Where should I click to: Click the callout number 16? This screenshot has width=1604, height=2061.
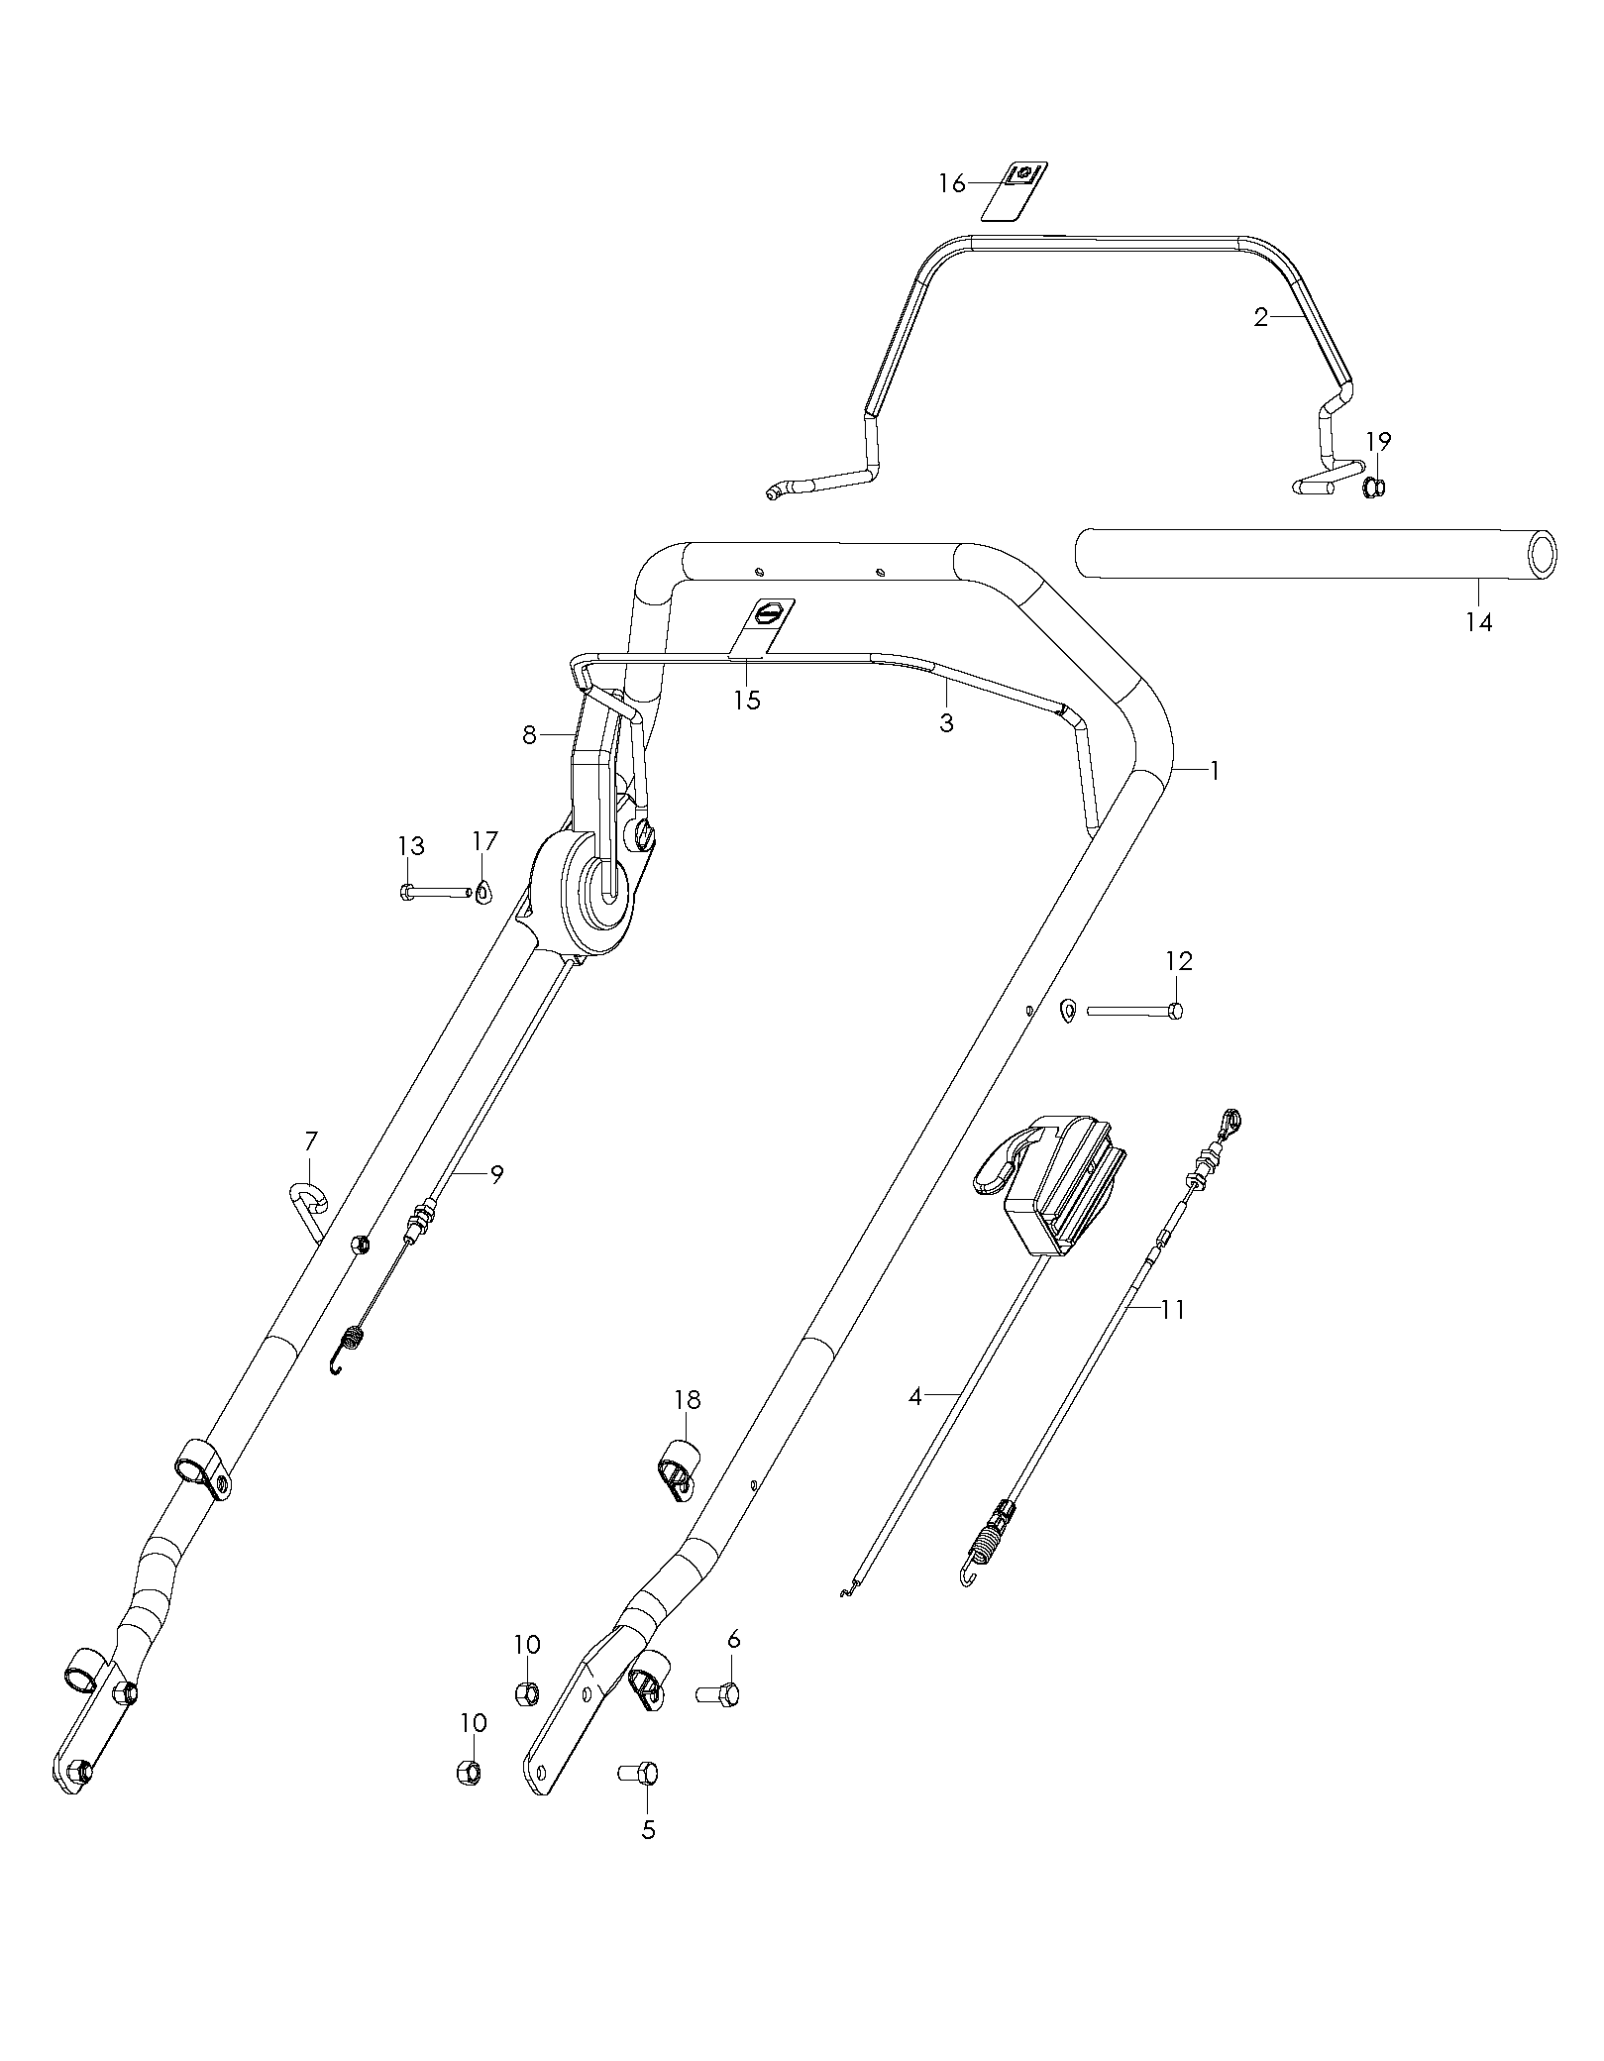pyautogui.click(x=951, y=183)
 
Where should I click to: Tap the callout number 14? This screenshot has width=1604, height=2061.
pyautogui.click(x=1478, y=622)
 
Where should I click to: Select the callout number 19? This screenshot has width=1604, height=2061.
pyautogui.click(x=1379, y=441)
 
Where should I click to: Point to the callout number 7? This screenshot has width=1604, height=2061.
pyautogui.click(x=311, y=1140)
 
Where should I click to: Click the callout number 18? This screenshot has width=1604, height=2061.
pyautogui.click(x=687, y=1399)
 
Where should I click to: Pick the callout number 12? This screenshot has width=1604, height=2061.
pyautogui.click(x=1178, y=960)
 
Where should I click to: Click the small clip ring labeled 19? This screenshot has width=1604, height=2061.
pyautogui.click(x=1374, y=488)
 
